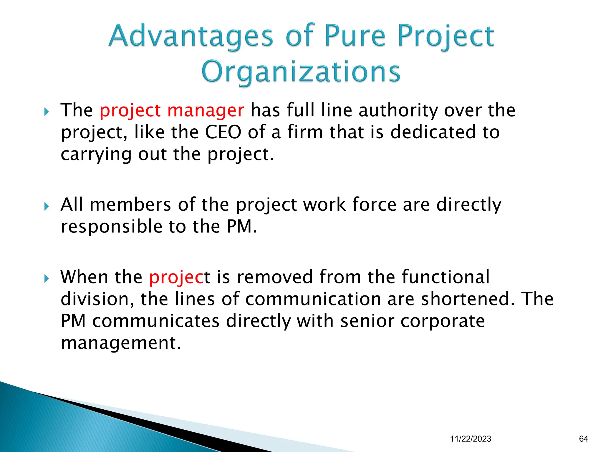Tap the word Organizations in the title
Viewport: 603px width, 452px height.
(x=301, y=72)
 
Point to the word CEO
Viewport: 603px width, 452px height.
(x=223, y=132)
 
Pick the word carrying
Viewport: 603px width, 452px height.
(x=96, y=154)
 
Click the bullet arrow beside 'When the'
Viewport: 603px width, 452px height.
(x=46, y=278)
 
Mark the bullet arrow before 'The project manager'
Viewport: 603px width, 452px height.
(x=46, y=112)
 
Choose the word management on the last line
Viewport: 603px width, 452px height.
(x=120, y=343)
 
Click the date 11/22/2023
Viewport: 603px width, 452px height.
(x=471, y=439)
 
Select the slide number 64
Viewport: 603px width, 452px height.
(x=583, y=439)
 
